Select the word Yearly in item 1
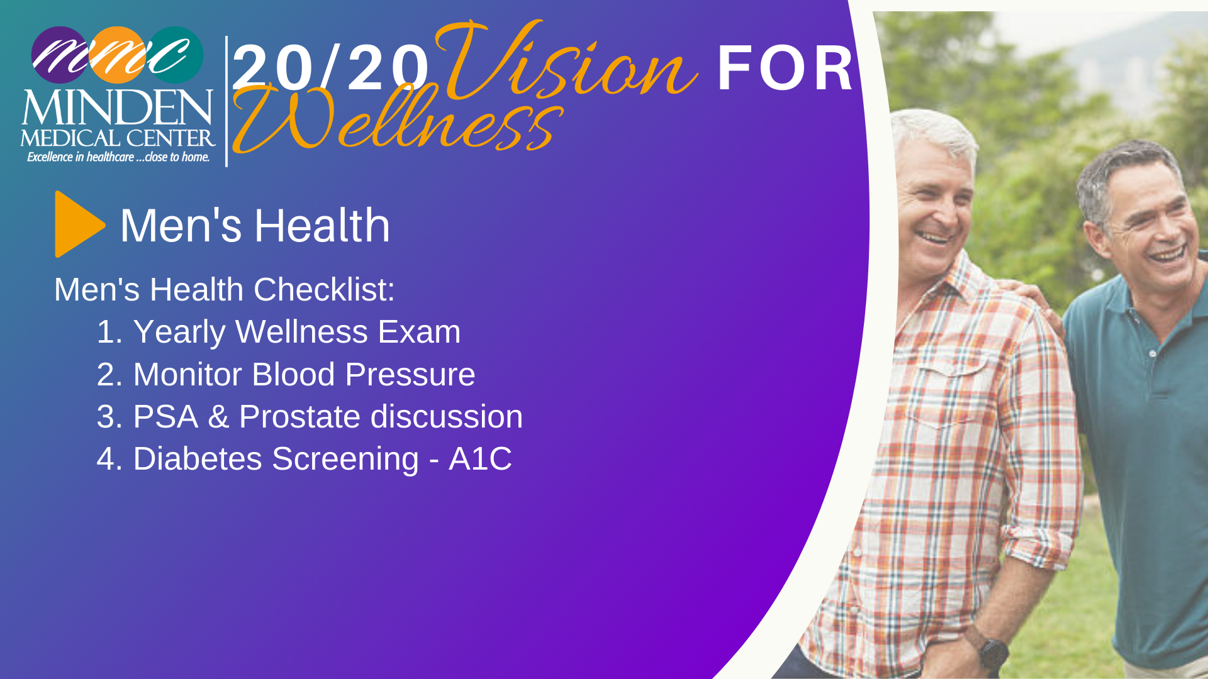tap(179, 333)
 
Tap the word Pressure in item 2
tap(410, 375)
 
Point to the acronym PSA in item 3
tap(166, 417)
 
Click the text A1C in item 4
tap(480, 459)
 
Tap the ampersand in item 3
tap(218, 417)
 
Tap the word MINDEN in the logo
tap(118, 108)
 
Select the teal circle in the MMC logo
tap(176, 55)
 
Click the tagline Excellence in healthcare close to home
tap(118, 157)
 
